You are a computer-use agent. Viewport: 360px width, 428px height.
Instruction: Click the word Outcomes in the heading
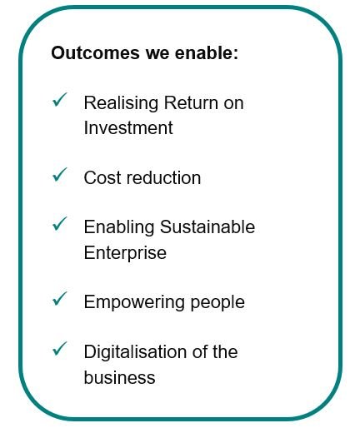tap(95, 52)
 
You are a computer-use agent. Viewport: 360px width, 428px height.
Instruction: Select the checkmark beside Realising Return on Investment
tap(60, 100)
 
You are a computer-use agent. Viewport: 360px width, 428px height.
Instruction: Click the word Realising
tap(121, 103)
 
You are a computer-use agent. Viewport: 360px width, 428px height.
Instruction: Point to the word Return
tap(191, 102)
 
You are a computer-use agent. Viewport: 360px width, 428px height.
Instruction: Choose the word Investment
tap(128, 127)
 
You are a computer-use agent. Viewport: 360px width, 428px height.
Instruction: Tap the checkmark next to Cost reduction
tap(60, 175)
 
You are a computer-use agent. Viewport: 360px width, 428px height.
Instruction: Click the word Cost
tap(102, 177)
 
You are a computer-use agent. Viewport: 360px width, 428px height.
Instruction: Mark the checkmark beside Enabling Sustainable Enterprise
tap(60, 224)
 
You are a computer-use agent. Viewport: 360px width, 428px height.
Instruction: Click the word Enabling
tap(119, 227)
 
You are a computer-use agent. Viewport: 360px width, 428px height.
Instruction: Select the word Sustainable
tap(207, 226)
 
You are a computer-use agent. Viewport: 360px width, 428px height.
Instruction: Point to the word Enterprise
tap(125, 253)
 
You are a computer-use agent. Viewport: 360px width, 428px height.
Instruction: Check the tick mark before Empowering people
tap(60, 299)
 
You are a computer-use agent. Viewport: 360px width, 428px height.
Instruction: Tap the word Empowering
tap(134, 302)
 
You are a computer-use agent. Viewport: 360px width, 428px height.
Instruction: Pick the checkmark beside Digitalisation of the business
tap(60, 349)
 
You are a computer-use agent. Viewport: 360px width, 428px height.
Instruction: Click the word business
tap(119, 377)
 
